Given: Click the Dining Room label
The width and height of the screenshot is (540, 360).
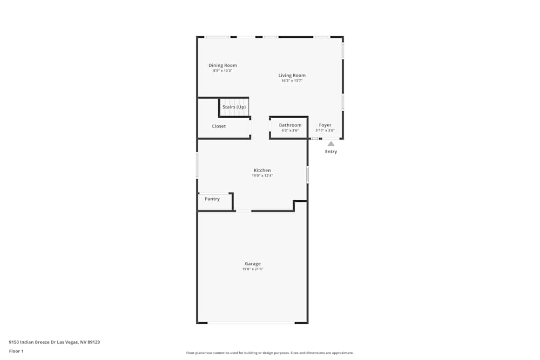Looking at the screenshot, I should [x=222, y=65].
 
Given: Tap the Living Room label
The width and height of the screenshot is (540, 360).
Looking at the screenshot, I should [x=292, y=76].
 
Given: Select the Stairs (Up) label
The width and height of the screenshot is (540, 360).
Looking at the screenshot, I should [x=234, y=107].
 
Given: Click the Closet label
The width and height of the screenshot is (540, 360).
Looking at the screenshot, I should [x=219, y=126].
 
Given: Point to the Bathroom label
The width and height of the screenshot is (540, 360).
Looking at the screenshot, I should [x=290, y=125].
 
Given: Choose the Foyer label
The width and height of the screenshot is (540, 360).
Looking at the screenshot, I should [x=325, y=125].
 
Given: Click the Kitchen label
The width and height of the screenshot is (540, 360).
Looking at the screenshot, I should [x=262, y=171].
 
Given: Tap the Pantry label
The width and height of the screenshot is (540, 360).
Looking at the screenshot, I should [x=212, y=199].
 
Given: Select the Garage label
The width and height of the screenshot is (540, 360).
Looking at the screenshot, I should [x=252, y=264].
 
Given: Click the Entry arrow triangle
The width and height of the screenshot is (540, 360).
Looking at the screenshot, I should [x=331, y=144].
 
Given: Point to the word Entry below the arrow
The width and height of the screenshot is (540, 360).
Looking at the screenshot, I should [x=331, y=152].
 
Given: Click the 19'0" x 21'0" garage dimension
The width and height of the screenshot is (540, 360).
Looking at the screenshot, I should [x=252, y=269].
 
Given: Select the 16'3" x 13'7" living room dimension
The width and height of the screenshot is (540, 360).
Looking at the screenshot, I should [x=292, y=81].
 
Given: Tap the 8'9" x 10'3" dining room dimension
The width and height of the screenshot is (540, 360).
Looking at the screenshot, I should [x=222, y=71].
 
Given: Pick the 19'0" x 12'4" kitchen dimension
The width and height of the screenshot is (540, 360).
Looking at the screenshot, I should [x=262, y=175].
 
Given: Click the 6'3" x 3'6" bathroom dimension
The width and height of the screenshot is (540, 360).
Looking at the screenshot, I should [x=290, y=131].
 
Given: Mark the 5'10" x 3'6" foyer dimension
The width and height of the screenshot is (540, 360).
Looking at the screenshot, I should [x=325, y=131].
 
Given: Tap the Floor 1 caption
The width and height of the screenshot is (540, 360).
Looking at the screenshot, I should [x=16, y=351].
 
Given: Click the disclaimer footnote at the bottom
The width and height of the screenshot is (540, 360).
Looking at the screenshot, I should [x=270, y=353].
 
